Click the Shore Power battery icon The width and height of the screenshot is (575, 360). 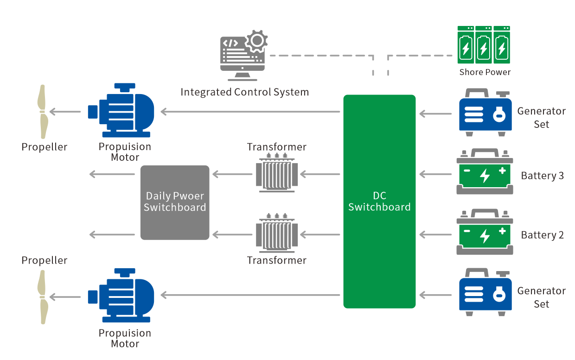483,45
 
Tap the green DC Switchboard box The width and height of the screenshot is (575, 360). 379,201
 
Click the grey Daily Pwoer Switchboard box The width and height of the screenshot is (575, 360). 175,202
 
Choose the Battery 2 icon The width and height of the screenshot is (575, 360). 485,231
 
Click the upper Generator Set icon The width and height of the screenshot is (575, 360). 485,113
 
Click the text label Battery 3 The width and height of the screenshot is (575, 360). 542,176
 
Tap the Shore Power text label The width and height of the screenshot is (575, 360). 485,72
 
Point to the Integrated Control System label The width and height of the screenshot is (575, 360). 244,92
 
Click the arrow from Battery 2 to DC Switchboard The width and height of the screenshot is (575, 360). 435,235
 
